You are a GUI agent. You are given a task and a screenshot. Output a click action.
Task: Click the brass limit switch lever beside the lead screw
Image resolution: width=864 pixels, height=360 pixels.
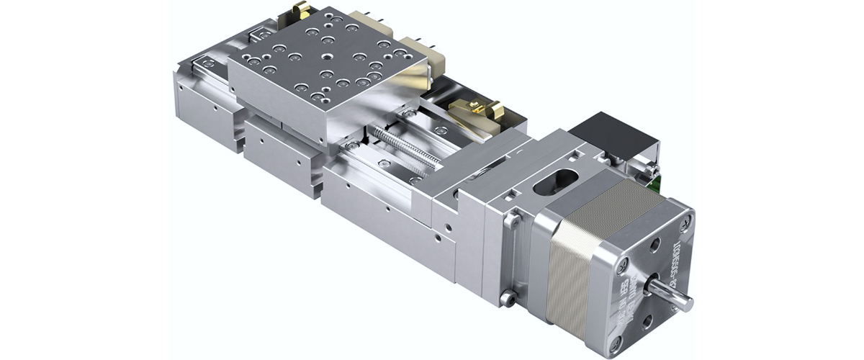click(x=475, y=109)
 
